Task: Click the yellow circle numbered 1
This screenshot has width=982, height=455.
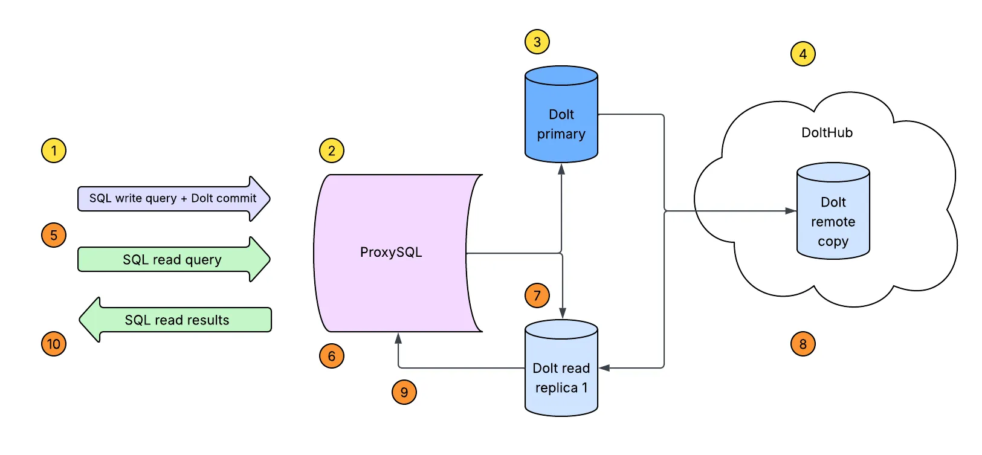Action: click(x=54, y=150)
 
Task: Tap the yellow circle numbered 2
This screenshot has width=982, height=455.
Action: click(x=331, y=150)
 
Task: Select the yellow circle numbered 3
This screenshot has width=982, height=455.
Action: click(x=537, y=42)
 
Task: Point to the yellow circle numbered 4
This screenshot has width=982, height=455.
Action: click(x=803, y=54)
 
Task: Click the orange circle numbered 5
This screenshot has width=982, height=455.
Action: click(x=54, y=235)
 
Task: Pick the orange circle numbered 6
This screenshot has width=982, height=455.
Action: click(x=331, y=356)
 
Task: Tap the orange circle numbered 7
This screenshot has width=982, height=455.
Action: click(x=537, y=295)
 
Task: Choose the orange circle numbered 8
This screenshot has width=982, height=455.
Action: click(x=803, y=344)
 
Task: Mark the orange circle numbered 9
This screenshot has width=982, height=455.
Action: click(x=404, y=392)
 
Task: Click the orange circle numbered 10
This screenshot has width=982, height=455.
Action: click(x=54, y=344)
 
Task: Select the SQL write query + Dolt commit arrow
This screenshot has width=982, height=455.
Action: click(x=173, y=198)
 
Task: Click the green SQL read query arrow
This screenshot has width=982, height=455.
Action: click(x=173, y=259)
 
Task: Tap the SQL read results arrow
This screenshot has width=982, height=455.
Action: click(x=176, y=320)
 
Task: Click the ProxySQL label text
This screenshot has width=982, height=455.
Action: click(x=390, y=252)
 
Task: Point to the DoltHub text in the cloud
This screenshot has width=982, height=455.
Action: click(x=827, y=132)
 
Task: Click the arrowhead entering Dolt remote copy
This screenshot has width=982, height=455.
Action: click(x=790, y=211)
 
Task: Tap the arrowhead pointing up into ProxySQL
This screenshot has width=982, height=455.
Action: click(x=398, y=338)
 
